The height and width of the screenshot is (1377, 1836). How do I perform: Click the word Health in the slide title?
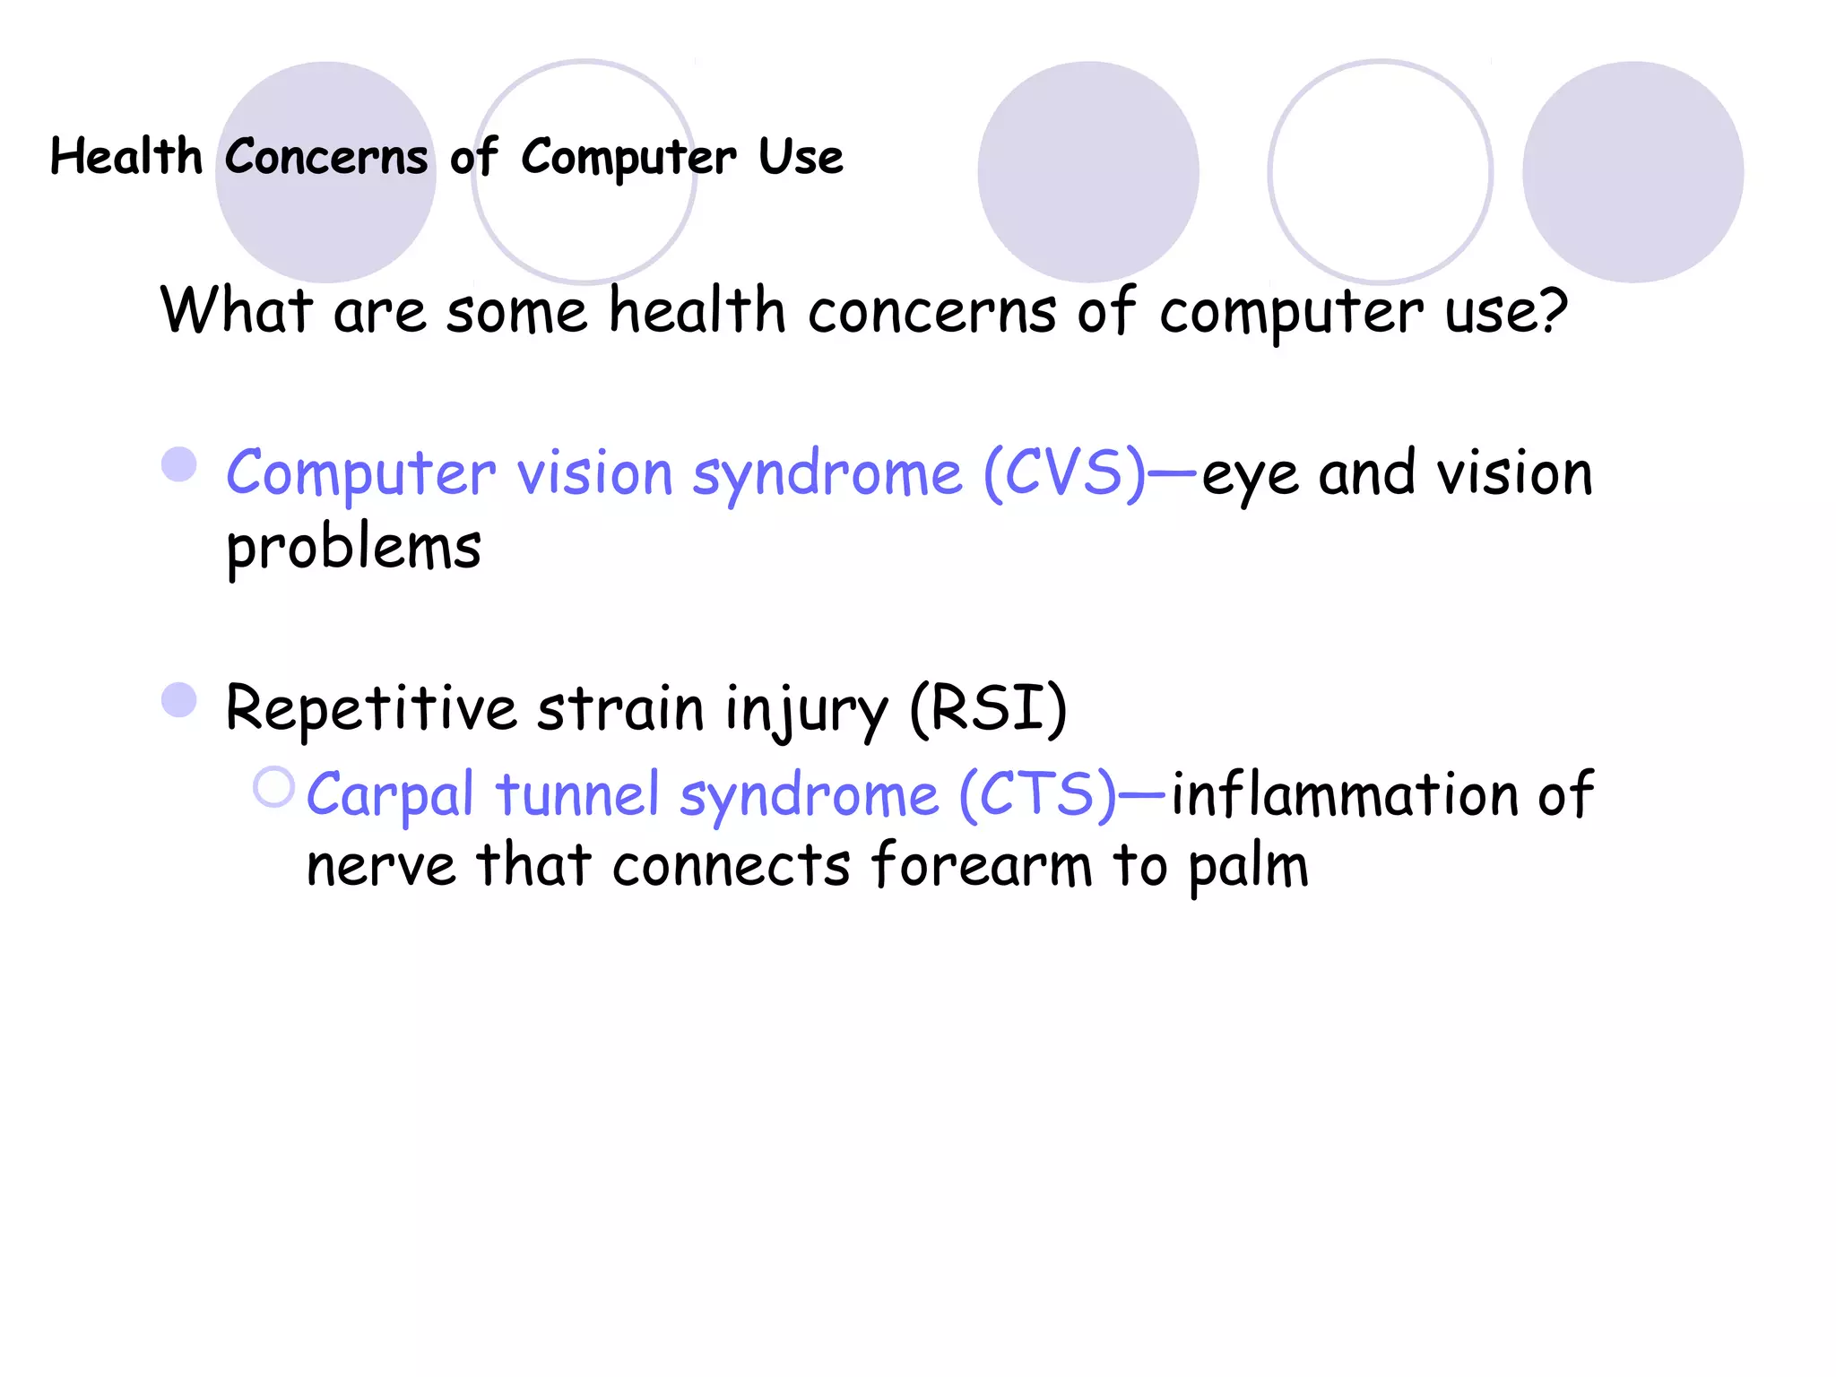point(126,157)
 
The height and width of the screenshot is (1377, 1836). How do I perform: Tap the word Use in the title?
point(801,157)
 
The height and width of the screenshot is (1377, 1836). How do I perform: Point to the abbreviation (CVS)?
point(1065,472)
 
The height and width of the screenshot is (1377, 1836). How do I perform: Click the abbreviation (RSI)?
point(988,708)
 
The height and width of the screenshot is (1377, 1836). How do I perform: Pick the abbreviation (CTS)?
point(1038,794)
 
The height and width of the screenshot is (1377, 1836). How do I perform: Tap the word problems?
point(353,549)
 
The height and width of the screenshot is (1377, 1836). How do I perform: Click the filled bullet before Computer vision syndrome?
point(179,465)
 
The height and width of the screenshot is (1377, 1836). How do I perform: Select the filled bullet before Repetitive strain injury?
point(179,701)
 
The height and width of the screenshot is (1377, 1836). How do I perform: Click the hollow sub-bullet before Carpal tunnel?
point(273,787)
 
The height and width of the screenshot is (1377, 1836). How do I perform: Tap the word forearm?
point(982,866)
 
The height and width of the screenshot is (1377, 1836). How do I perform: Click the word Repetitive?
point(370,708)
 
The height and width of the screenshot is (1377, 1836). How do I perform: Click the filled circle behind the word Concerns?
point(326,215)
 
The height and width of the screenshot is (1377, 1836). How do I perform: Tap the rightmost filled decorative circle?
point(1632,172)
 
